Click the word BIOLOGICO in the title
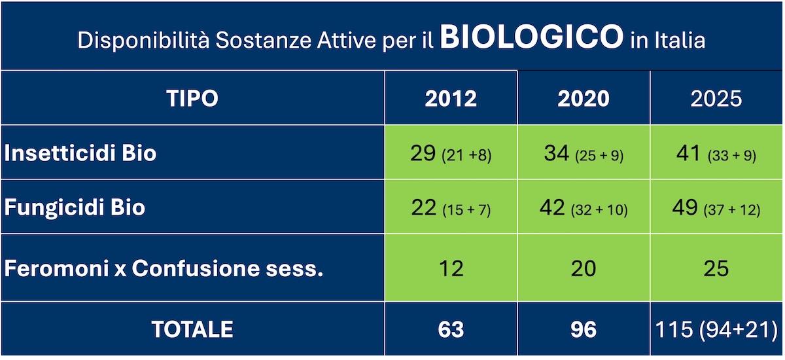tap(531, 39)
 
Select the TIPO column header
tap(192, 98)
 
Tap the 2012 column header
tap(451, 98)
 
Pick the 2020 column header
tap(583, 98)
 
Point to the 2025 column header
tap(716, 98)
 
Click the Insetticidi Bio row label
tap(80, 153)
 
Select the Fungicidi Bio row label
tap(75, 207)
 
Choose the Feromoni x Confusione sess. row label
tap(164, 268)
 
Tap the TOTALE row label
tap(192, 329)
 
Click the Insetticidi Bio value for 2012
tap(451, 153)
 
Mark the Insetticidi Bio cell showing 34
tap(583, 153)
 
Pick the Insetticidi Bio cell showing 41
tap(716, 153)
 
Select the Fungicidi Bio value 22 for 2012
tap(451, 207)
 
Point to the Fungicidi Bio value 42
tap(583, 207)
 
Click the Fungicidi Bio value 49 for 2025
tap(716, 207)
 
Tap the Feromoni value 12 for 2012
tap(451, 268)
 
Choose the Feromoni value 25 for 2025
tap(716, 268)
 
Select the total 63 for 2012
tap(451, 329)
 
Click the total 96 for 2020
tap(583, 329)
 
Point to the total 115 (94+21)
tap(716, 329)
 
